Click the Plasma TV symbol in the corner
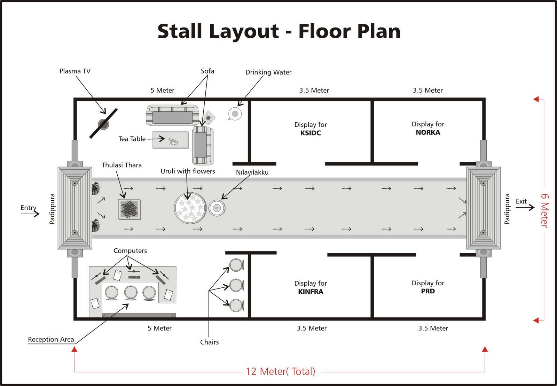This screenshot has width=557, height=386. point(103,124)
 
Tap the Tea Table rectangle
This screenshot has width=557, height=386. point(171,140)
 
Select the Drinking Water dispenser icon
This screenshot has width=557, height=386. point(235,114)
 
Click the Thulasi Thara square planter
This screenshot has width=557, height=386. point(129,209)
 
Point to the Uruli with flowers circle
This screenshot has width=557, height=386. point(190,208)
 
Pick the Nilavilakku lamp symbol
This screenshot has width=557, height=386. point(217,208)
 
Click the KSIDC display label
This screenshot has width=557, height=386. point(311,133)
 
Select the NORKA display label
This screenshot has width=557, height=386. point(428,132)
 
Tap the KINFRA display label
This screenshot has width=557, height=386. point(311,292)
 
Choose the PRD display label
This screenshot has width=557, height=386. point(428,291)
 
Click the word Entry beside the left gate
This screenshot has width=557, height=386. point(28,208)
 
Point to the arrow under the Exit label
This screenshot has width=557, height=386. point(525,208)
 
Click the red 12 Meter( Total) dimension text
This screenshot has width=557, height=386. point(280,371)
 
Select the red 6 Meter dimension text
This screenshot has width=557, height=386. point(544,210)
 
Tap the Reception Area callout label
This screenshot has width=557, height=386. point(51,339)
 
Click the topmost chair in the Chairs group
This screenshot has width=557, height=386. point(236,265)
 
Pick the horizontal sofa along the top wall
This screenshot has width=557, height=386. point(172,115)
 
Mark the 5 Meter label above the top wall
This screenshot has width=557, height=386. point(162,90)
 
